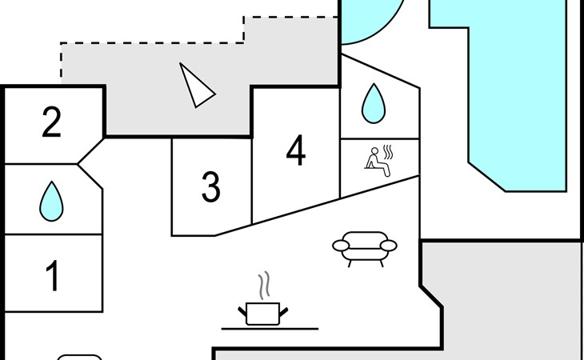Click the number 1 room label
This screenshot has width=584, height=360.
53,276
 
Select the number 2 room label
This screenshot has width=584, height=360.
52,122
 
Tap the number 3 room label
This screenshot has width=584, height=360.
210,187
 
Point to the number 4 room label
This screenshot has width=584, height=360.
296,151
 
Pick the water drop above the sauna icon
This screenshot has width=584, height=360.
371,103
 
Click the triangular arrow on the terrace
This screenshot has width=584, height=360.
195,86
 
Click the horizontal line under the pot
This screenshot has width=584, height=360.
270,328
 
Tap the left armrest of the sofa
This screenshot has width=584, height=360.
339,246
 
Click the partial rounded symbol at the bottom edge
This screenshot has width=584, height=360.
80,357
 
